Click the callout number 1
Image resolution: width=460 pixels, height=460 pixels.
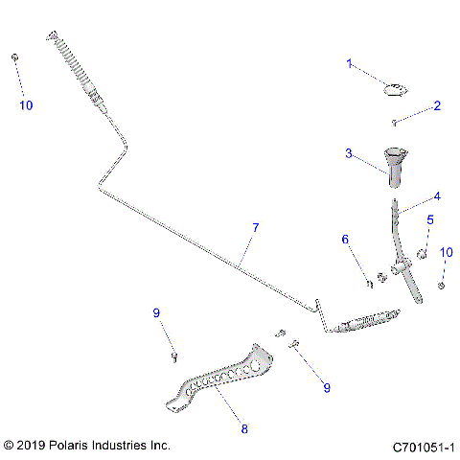[x=350, y=64]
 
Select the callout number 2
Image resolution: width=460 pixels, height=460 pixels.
[x=437, y=105]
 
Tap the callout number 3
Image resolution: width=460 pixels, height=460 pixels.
[x=350, y=152]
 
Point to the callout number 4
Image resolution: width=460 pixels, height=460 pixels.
[x=436, y=196]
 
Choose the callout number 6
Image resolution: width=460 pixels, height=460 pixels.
[x=347, y=240]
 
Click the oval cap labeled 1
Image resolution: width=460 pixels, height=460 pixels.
[x=394, y=91]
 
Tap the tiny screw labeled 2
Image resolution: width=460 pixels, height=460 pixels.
[x=394, y=122]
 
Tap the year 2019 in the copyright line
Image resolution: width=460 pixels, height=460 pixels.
[x=33, y=447]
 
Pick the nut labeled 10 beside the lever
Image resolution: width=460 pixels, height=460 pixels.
[x=441, y=285]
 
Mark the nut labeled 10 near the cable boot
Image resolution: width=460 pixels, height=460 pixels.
[x=15, y=58]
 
